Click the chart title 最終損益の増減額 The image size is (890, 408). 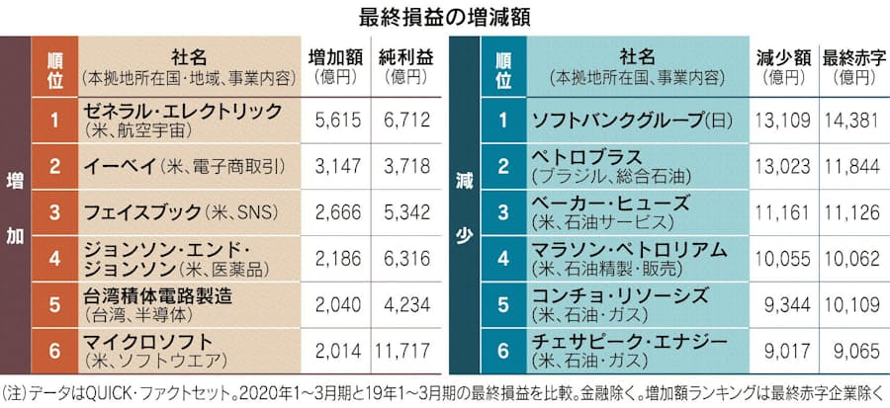444,16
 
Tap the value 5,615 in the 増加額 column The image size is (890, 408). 334,120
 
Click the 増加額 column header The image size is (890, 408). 333,57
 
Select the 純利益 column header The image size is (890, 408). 402,57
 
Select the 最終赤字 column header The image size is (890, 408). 847,57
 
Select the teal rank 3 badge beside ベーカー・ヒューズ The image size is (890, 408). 502,210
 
